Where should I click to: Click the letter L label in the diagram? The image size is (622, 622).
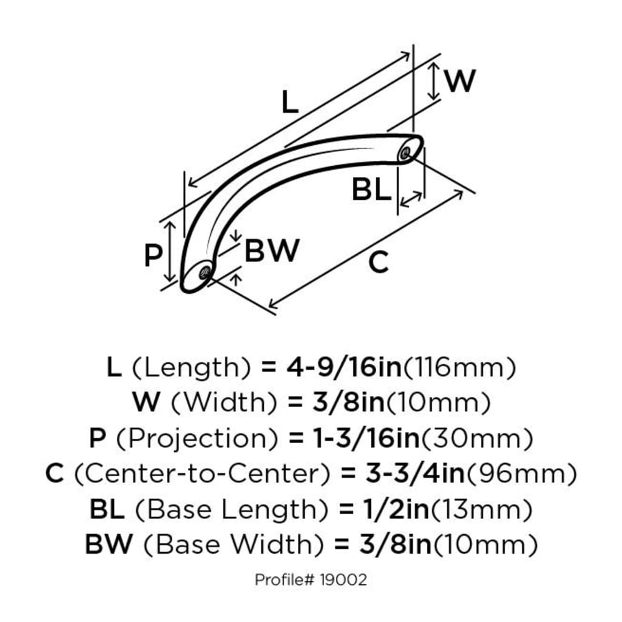pos(290,102)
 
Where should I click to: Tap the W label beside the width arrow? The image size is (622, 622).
pos(460,81)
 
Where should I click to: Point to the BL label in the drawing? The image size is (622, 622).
pos(372,189)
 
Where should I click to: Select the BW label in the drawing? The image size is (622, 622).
pos(272,250)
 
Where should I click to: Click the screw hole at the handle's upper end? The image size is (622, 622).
pos(405,153)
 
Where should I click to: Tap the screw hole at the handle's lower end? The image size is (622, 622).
pos(205,272)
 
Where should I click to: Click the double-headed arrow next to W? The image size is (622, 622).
pos(433,81)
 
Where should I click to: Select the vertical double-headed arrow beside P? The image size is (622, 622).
pos(170,252)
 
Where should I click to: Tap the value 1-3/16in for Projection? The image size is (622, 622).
pos(366,438)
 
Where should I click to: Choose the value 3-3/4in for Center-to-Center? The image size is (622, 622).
pos(415,473)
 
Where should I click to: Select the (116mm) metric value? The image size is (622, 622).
pos(460,368)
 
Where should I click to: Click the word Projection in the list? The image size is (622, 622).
pos(196,439)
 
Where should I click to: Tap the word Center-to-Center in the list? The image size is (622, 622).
pos(202,474)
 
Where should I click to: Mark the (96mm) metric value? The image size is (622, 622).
pos(522,474)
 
